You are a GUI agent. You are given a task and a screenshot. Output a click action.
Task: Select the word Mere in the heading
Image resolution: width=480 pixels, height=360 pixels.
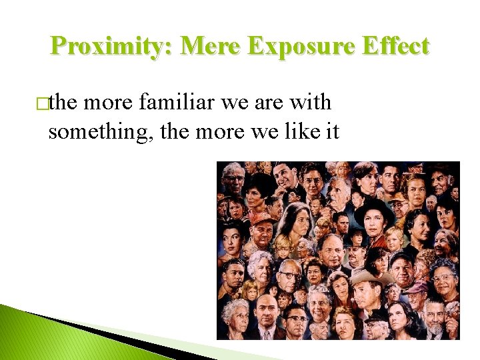[x=204, y=47]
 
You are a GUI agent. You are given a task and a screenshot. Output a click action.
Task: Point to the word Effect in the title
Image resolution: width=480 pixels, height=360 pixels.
[x=397, y=47]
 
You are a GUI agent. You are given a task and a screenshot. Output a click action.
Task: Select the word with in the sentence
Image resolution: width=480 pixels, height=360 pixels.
[x=309, y=103]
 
